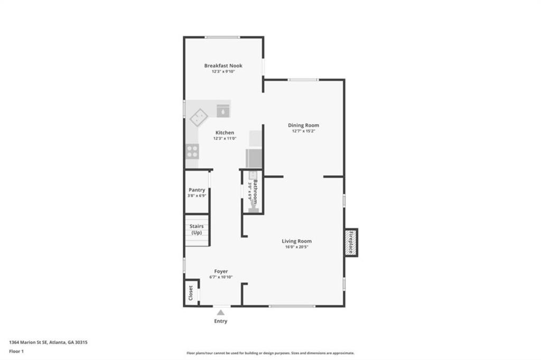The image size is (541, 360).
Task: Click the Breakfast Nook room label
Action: tap(223, 65)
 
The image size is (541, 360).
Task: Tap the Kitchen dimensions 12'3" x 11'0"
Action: tap(225, 139)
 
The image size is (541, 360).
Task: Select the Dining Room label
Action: tap(304, 125)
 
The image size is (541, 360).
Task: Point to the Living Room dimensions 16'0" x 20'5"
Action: tap(297, 247)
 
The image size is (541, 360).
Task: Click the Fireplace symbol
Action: tap(351, 242)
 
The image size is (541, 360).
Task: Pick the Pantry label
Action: tap(197, 190)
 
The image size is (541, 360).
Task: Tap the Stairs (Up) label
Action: tap(197, 229)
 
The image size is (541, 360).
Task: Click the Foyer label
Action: tap(221, 271)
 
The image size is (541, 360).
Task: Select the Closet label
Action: tap(191, 293)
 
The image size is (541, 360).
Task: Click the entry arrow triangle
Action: tap(221, 312)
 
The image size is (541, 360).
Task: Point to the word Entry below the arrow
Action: tap(221, 321)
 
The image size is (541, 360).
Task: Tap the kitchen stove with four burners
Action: tap(192, 151)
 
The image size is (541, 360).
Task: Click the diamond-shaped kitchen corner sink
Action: tap(199, 117)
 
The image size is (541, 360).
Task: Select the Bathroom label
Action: tap(255, 192)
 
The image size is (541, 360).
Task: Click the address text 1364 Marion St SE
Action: tap(27, 343)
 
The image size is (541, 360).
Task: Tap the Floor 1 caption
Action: tap(16, 352)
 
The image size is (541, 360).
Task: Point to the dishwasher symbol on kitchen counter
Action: tap(223, 110)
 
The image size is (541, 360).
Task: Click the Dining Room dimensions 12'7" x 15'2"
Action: tap(304, 131)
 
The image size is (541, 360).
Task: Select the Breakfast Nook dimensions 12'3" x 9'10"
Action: tap(223, 72)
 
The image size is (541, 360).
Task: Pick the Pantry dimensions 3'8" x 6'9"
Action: tap(197, 196)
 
